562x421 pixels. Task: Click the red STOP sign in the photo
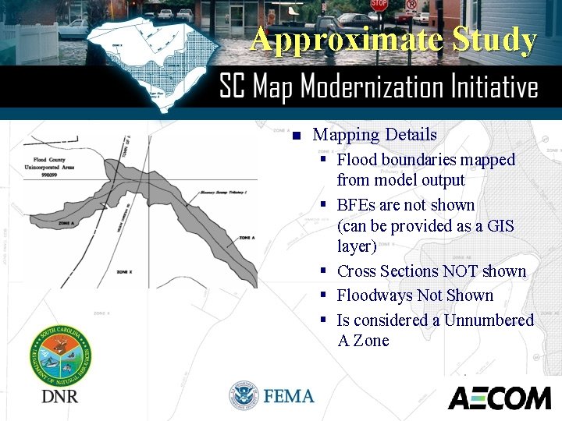(379, 5)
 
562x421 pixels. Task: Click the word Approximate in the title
(325, 39)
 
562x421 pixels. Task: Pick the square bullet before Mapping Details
(296, 136)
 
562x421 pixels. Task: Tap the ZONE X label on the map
(126, 272)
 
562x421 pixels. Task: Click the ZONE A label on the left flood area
(67, 224)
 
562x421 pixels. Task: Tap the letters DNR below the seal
(60, 396)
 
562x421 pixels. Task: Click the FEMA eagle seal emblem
(244, 396)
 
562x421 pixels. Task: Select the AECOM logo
(500, 398)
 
